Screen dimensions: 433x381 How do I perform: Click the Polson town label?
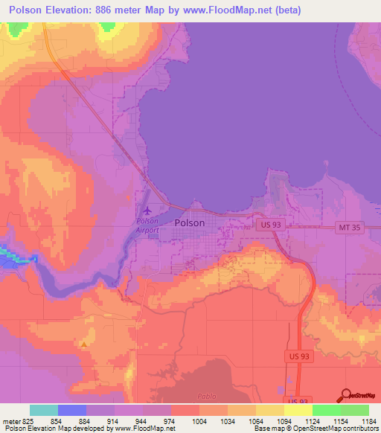[189, 222]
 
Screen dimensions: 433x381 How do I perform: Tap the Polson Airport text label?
[148, 226]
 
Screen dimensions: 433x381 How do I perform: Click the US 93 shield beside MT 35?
[268, 224]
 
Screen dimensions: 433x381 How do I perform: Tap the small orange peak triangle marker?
[85, 344]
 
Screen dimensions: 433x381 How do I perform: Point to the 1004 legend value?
[199, 421]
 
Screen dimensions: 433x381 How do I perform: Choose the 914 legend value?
[114, 421]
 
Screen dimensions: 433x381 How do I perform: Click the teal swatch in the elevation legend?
[44, 410]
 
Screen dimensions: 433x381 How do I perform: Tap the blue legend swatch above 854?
[72, 410]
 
